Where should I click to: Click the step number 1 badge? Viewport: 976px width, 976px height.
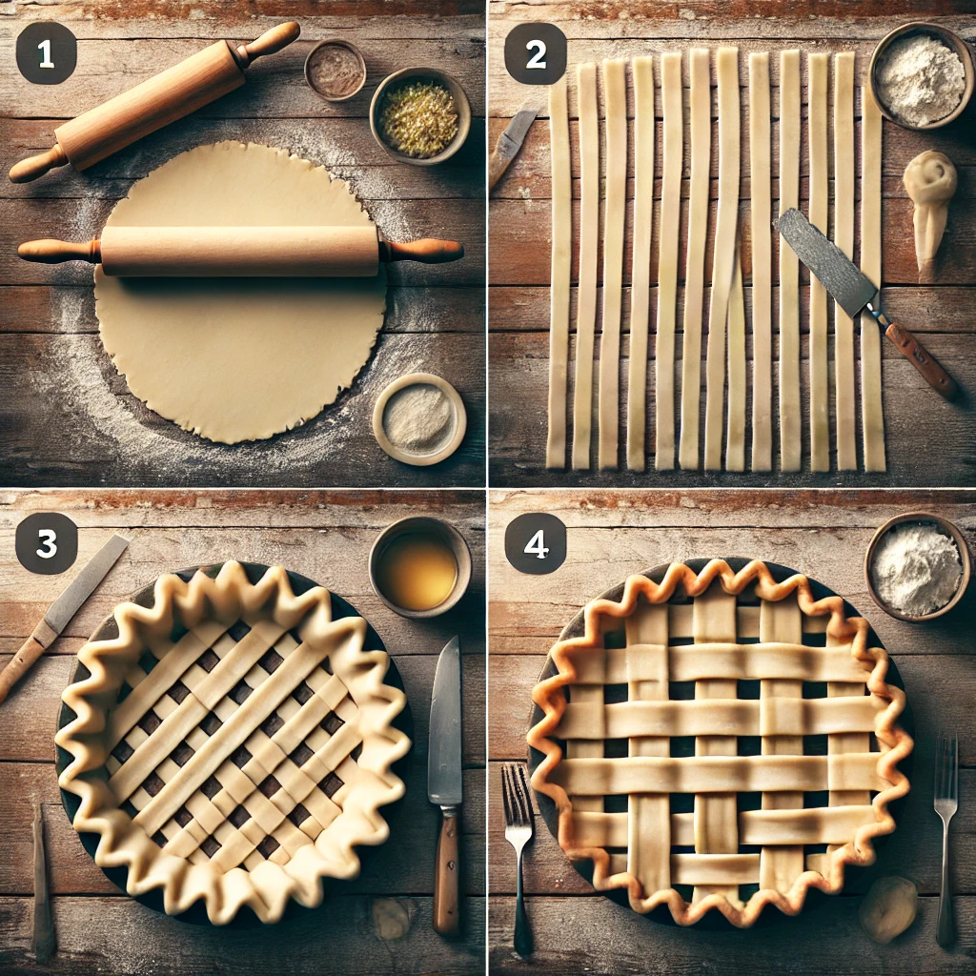pos(46,54)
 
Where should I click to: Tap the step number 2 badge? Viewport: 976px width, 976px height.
pos(536,54)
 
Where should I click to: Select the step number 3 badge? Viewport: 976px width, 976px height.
pos(46,543)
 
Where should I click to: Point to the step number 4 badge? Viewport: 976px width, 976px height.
pos(536,543)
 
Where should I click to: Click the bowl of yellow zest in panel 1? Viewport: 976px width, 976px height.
pos(419,115)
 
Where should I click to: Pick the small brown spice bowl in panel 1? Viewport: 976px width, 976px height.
pos(335,70)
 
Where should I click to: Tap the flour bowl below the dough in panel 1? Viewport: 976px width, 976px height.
pos(418,418)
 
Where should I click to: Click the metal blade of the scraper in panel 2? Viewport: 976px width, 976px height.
pos(824,262)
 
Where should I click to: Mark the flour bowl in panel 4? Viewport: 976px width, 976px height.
pos(917,566)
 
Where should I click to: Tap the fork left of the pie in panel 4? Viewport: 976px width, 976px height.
pos(518,839)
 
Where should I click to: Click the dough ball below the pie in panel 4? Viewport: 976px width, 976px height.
pos(887,908)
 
